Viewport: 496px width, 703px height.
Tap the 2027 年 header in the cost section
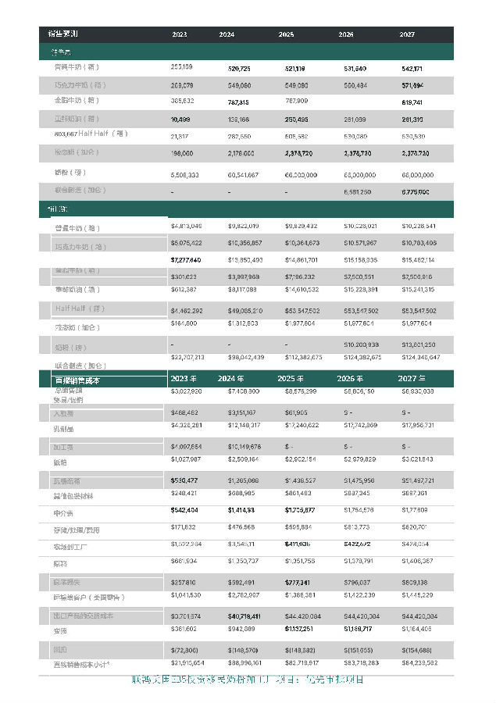point(416,379)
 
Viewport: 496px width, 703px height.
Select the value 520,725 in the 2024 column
point(238,68)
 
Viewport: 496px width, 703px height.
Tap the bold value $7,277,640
point(185,259)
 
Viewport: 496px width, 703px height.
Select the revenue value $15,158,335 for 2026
point(360,259)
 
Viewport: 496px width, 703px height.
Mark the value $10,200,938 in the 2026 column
point(361,344)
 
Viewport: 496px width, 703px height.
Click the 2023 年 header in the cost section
point(187,379)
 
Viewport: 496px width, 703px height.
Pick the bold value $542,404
point(184,510)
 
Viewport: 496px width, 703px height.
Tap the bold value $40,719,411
point(244,616)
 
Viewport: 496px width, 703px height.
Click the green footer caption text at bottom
point(248,680)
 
